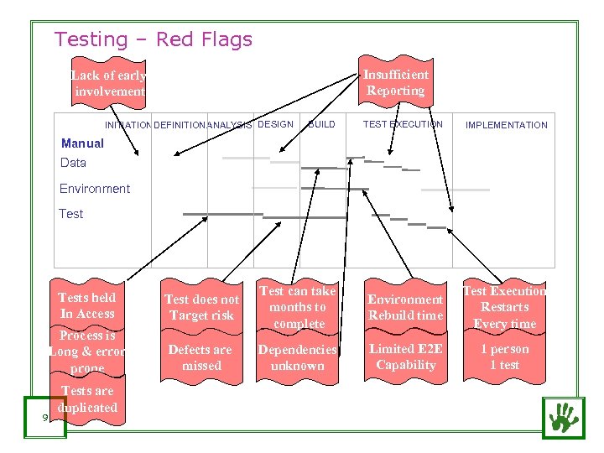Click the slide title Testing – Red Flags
pos(153,39)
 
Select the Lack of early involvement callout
pos(109,83)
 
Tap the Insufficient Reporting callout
pos(395,82)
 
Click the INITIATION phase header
pos(128,125)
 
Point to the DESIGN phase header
pos(276,124)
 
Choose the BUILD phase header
pos(321,124)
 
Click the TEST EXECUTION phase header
pos(403,124)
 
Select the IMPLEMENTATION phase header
pos(506,125)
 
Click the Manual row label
pos(82,143)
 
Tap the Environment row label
pos(95,189)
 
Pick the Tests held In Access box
pos(87,305)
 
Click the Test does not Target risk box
pos(201,307)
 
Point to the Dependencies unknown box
pos(297,357)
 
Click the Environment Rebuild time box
pos(405,307)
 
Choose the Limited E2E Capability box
pos(405,357)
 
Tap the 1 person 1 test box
pos(504,357)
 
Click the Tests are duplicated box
pos(88,399)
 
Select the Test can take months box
pos(298,307)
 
